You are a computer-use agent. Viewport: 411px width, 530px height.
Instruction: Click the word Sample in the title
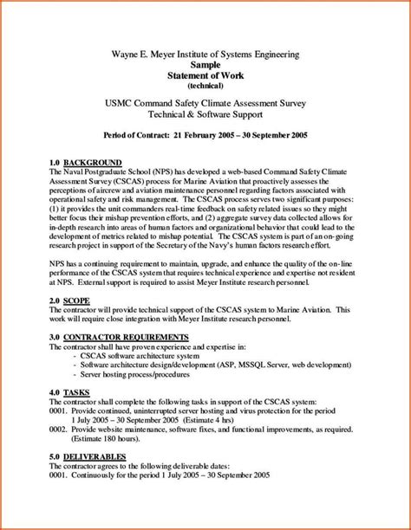coord(205,65)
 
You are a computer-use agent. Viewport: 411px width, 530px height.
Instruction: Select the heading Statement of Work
coord(205,76)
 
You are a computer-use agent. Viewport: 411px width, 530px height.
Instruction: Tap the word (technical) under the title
coord(205,87)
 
